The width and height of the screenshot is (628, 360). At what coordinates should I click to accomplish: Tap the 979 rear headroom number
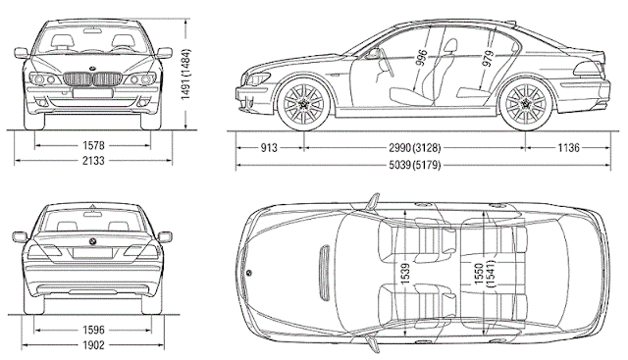click(488, 56)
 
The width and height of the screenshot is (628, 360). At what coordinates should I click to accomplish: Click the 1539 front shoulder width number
click(402, 270)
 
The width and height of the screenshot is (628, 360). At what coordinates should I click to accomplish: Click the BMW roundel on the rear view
click(91, 240)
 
